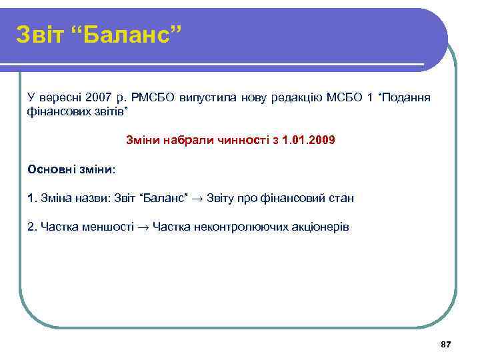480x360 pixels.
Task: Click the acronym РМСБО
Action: [152, 99]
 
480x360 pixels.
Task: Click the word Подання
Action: [407, 99]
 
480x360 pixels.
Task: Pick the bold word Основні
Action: [49, 169]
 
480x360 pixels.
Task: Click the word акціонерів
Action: [320, 227]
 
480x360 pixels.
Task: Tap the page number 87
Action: [446, 344]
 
